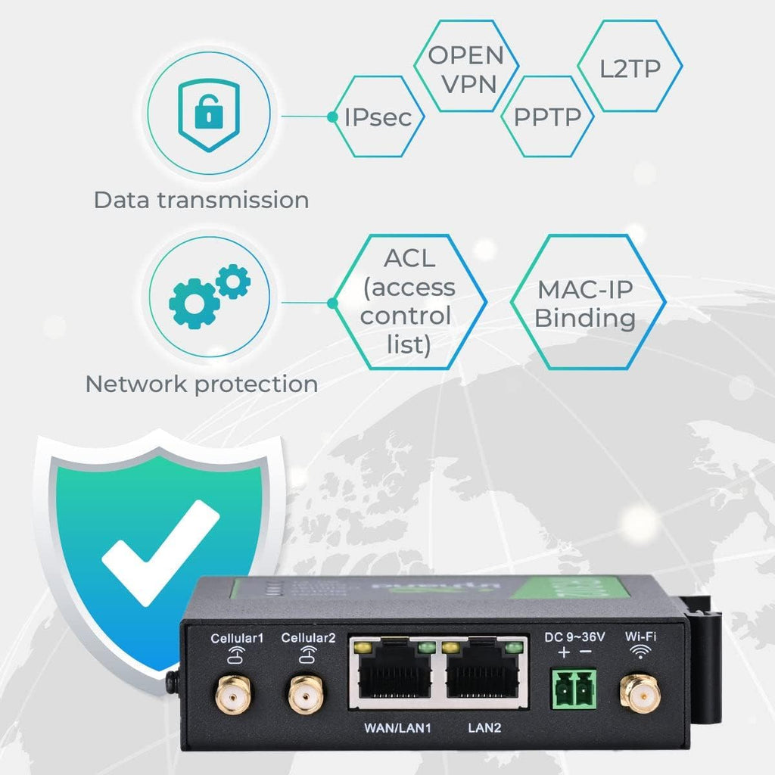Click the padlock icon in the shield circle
click(x=207, y=113)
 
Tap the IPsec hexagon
click(x=378, y=117)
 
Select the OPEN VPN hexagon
click(x=465, y=69)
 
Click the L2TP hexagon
click(x=630, y=69)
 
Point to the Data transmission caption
click(x=201, y=201)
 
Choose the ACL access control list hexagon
click(x=408, y=301)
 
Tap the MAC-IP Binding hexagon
click(x=586, y=302)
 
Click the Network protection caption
click(x=201, y=384)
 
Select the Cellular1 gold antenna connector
click(x=236, y=694)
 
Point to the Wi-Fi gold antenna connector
click(x=640, y=694)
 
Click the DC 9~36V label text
click(x=574, y=637)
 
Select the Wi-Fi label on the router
click(x=641, y=637)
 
